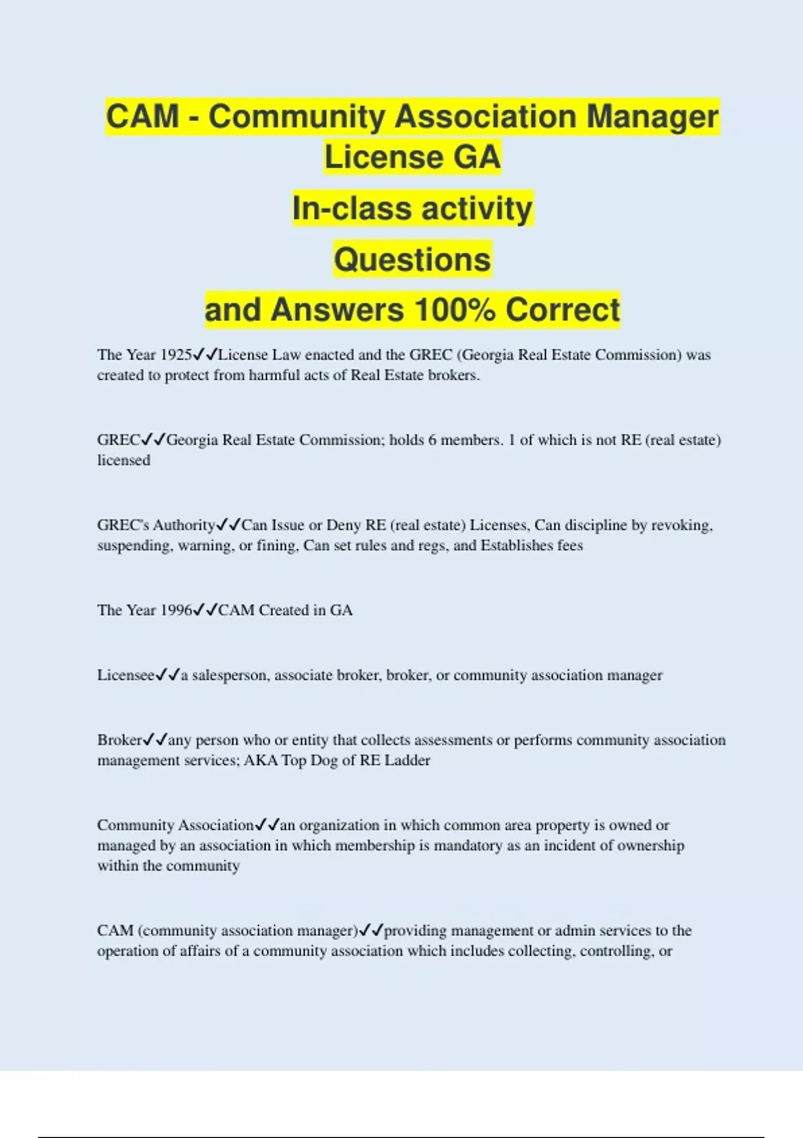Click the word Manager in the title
click(652, 116)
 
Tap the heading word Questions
click(412, 259)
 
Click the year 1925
click(175, 355)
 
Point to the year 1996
click(175, 610)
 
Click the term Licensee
click(126, 675)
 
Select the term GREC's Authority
click(156, 525)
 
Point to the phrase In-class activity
click(412, 208)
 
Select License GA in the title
click(412, 157)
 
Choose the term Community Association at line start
click(175, 825)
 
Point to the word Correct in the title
click(562, 310)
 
